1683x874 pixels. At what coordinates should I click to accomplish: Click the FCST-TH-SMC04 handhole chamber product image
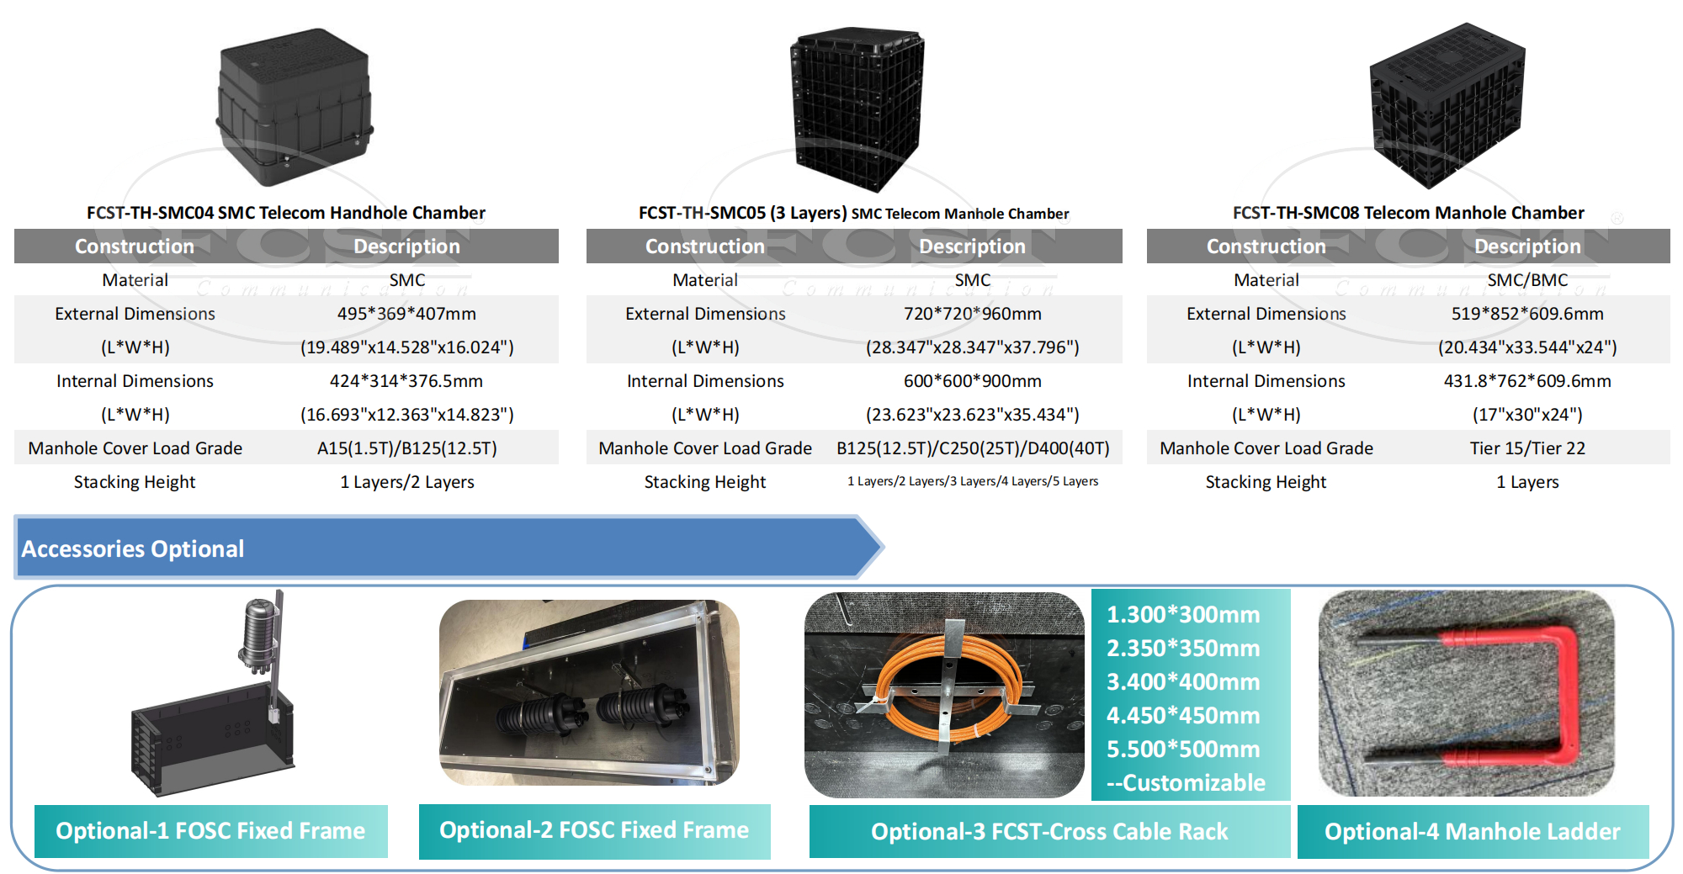click(x=295, y=105)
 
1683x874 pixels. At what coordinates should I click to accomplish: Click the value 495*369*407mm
click(x=406, y=314)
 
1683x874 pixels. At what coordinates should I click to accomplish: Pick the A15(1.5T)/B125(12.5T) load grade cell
click(x=406, y=448)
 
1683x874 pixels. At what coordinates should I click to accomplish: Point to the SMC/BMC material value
click(x=1527, y=280)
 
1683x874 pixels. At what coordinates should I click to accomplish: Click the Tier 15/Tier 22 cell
click(x=1527, y=448)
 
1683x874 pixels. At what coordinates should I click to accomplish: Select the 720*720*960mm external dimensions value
click(x=972, y=314)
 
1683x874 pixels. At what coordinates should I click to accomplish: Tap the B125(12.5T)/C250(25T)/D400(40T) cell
click(x=972, y=448)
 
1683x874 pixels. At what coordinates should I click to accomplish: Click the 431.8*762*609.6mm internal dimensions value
click(x=1527, y=381)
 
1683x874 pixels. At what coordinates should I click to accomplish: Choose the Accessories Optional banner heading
click(x=133, y=548)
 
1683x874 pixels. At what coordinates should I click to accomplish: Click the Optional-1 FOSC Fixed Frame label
click(x=210, y=831)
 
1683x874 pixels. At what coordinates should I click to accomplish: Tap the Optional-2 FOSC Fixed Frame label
click(x=594, y=830)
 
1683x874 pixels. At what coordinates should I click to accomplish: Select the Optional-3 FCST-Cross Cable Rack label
click(x=1049, y=832)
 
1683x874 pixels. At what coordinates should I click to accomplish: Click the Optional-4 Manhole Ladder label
click(x=1473, y=832)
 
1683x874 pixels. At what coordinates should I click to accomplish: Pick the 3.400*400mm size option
click(x=1183, y=681)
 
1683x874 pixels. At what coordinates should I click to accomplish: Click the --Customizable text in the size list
click(x=1186, y=782)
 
